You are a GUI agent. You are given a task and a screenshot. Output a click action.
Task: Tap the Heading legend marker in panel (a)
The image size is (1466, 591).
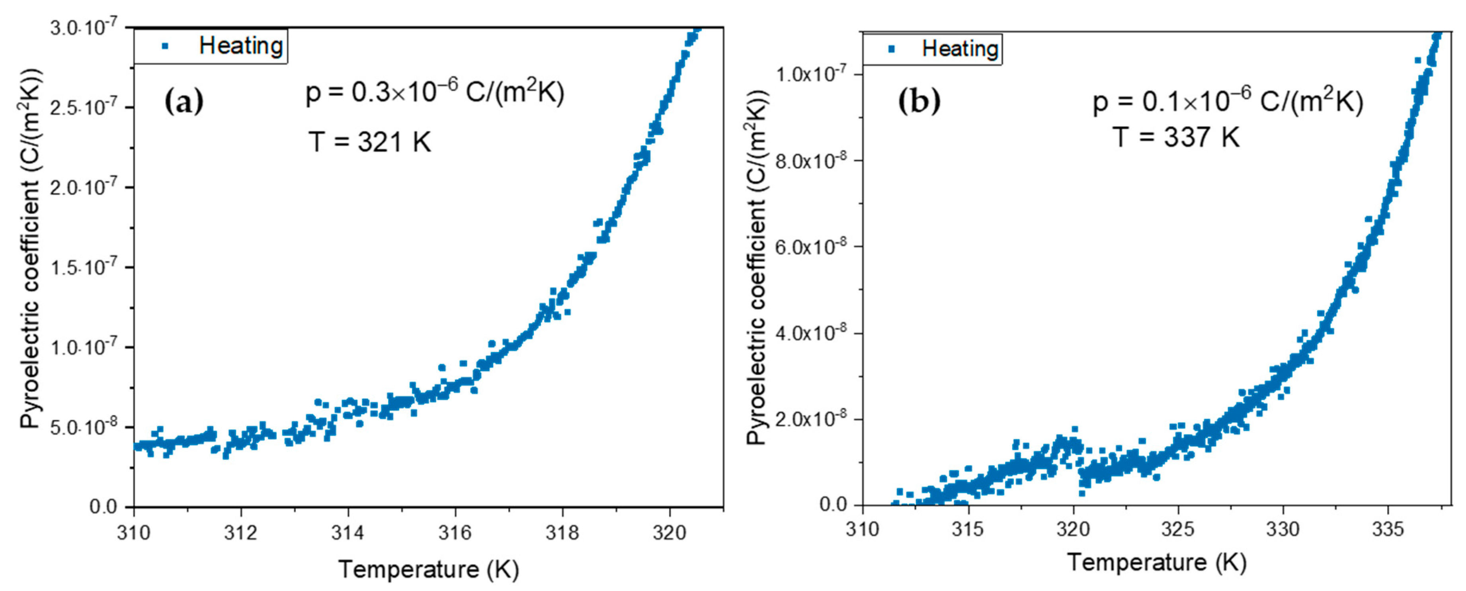(x=165, y=45)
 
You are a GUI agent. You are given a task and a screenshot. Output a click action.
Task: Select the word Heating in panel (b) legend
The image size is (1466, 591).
(x=960, y=49)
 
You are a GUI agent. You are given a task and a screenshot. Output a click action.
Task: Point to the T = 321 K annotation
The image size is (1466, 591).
(x=369, y=142)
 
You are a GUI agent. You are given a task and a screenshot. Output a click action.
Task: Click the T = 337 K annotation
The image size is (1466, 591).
(x=1176, y=137)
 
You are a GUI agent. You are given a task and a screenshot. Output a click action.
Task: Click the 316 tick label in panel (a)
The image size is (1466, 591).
(x=455, y=532)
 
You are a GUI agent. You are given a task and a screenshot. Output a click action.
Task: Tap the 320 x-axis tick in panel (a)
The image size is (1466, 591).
(x=669, y=532)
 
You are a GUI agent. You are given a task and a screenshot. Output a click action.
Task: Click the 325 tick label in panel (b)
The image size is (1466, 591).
(x=1177, y=529)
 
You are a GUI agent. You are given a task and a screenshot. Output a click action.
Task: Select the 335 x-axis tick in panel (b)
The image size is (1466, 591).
(x=1388, y=529)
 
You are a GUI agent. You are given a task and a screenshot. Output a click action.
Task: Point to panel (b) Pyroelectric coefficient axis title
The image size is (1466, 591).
(x=757, y=268)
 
